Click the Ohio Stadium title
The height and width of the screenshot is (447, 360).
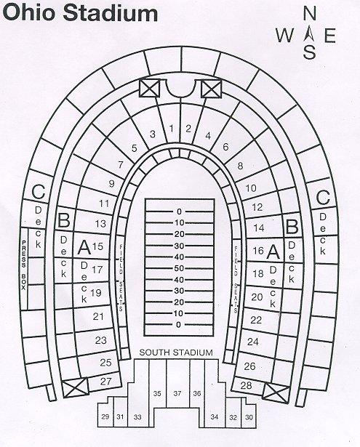[x=80, y=14]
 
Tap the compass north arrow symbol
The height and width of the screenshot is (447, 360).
[x=309, y=35]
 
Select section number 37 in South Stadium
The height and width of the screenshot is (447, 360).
[x=177, y=393]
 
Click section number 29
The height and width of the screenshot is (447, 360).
[x=105, y=416]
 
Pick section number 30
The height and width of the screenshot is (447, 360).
[x=249, y=417]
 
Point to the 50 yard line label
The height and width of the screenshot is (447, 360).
[x=179, y=268]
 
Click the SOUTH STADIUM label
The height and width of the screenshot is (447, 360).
[x=176, y=353]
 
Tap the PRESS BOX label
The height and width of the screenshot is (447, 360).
[x=24, y=265]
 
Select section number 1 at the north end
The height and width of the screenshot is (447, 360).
[x=171, y=129]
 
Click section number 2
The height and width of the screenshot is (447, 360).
[x=188, y=129]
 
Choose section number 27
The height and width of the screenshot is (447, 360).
[x=106, y=381]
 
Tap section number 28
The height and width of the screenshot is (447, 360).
[x=246, y=385]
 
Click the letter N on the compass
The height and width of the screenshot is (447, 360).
[x=310, y=13]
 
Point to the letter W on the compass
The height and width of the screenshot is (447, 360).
[x=284, y=36]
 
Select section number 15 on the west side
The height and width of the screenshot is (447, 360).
[x=97, y=246]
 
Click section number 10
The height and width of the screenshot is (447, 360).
[x=251, y=188]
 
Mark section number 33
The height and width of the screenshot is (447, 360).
[x=137, y=417]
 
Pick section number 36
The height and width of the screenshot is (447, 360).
[x=197, y=393]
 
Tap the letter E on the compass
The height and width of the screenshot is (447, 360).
[x=330, y=36]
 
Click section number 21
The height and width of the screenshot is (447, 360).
[x=98, y=316]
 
